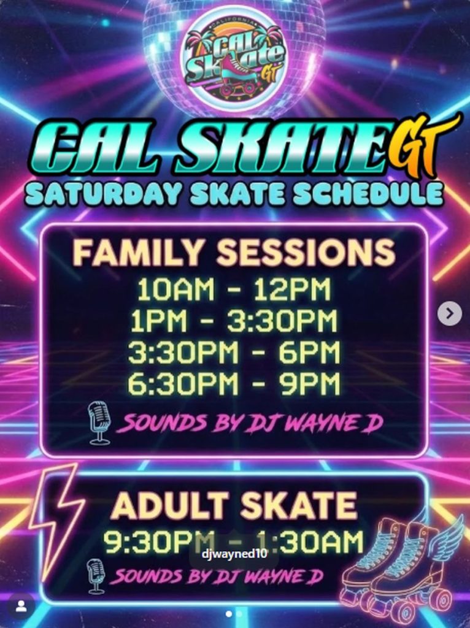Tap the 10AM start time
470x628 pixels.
click(x=175, y=289)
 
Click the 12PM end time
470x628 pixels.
click(x=291, y=289)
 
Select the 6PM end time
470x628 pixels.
click(x=309, y=352)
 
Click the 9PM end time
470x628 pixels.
click(x=309, y=383)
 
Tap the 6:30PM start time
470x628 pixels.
click(x=183, y=383)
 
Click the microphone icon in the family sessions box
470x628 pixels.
click(x=99, y=424)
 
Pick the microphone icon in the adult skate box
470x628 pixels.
click(x=96, y=576)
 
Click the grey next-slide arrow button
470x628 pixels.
click(x=450, y=313)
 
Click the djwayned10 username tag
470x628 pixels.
click(x=234, y=554)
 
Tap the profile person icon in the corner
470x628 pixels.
click(x=21, y=607)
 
